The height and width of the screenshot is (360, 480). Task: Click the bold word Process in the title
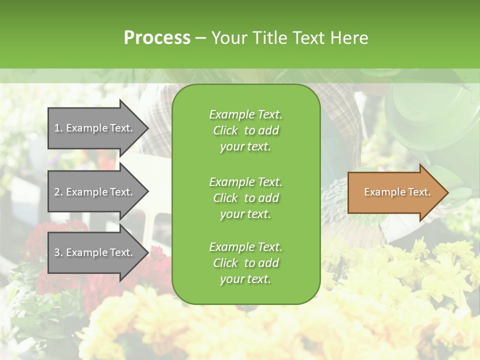point(157,38)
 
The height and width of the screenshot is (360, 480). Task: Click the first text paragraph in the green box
point(245,130)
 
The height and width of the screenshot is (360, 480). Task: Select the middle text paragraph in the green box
point(245,198)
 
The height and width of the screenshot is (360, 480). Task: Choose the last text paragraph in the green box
point(245,263)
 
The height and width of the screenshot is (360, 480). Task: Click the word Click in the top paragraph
point(225,130)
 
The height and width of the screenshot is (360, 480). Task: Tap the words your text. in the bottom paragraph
point(245,279)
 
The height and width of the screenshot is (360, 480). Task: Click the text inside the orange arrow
point(397,192)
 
